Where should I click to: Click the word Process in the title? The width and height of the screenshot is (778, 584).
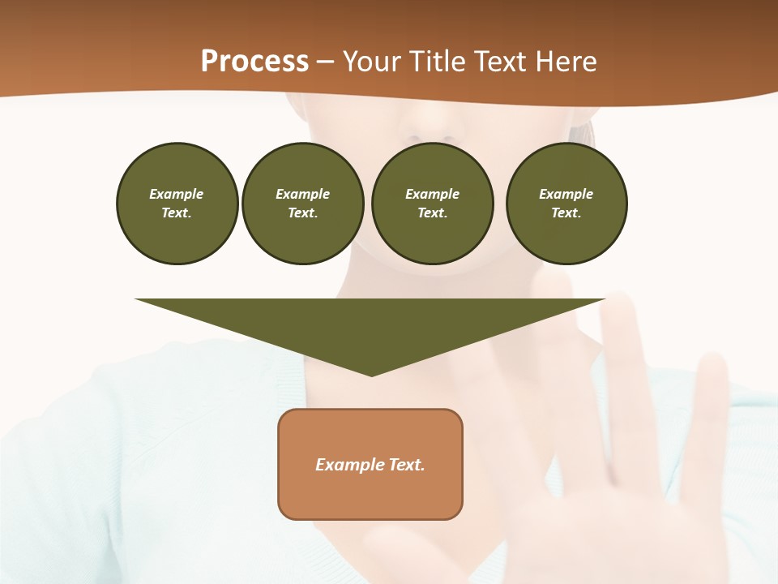[x=254, y=62]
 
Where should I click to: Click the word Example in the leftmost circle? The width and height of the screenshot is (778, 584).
[x=177, y=194]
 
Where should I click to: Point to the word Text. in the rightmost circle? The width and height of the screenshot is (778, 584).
[x=566, y=213]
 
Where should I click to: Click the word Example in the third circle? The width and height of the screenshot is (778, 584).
[x=432, y=194]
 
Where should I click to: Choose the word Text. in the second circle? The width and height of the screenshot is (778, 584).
[x=302, y=213]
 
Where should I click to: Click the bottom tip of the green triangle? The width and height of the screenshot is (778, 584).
[x=372, y=374]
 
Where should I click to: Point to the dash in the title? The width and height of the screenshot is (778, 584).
[x=326, y=62]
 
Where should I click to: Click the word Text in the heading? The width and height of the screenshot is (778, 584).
[x=502, y=62]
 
